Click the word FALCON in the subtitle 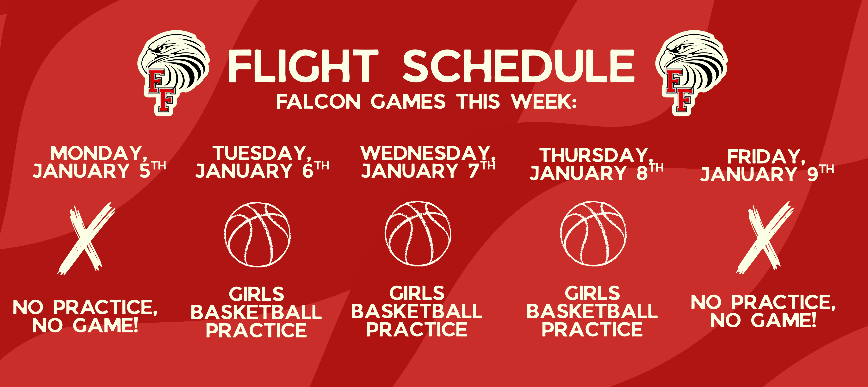click(318, 102)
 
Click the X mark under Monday click(86, 238)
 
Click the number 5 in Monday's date click(145, 171)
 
